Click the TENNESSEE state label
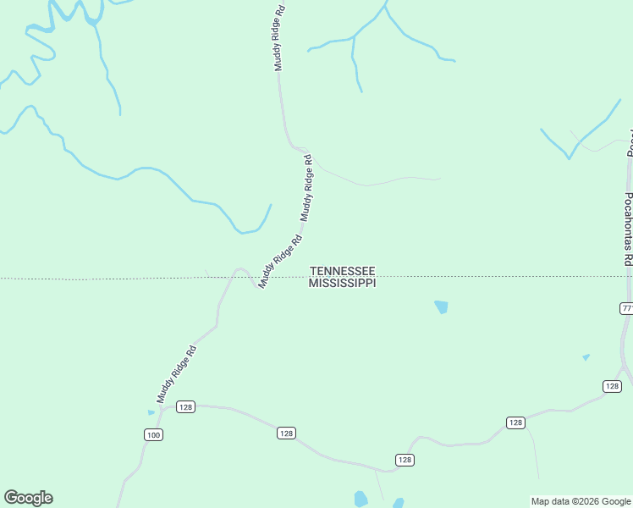coord(343,271)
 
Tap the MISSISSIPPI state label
coord(342,283)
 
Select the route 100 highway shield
coord(152,435)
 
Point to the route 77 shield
coord(626,308)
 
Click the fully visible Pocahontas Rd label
coord(628,229)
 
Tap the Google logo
coord(28,498)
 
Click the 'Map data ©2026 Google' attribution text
coord(581,501)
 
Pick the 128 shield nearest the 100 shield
coord(186,407)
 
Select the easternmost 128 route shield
coord(612,386)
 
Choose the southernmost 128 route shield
coord(405,460)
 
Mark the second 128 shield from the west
coord(286,433)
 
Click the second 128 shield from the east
coord(515,422)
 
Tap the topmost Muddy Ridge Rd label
coord(278,40)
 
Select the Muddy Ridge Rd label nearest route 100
coord(176,373)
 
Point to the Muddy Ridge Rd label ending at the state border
coord(280,262)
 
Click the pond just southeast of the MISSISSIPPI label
coord(441,307)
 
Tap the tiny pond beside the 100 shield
coord(151,412)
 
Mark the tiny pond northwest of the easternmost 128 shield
coord(586,357)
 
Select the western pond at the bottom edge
coord(361,499)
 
